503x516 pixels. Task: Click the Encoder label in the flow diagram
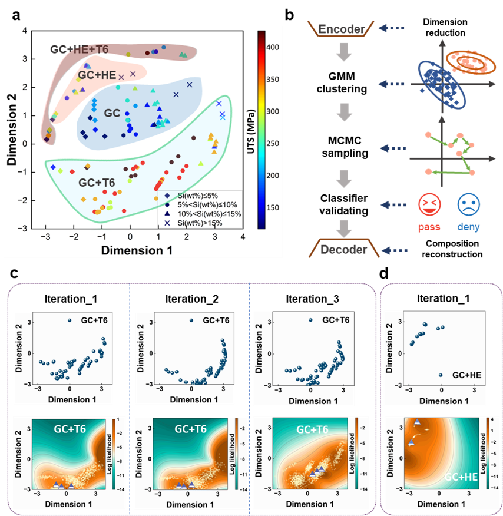pyautogui.click(x=340, y=28)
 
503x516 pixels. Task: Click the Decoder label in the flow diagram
pyautogui.click(x=343, y=250)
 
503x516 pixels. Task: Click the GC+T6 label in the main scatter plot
pyautogui.click(x=98, y=183)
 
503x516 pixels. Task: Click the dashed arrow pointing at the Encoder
pyautogui.click(x=393, y=27)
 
